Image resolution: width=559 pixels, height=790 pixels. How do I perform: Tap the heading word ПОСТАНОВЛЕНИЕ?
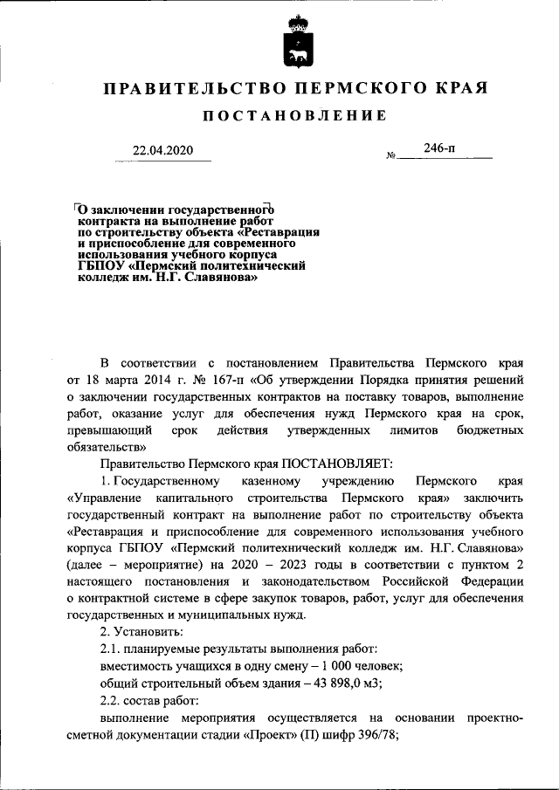click(295, 116)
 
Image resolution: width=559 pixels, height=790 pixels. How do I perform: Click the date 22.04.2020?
click(162, 150)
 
